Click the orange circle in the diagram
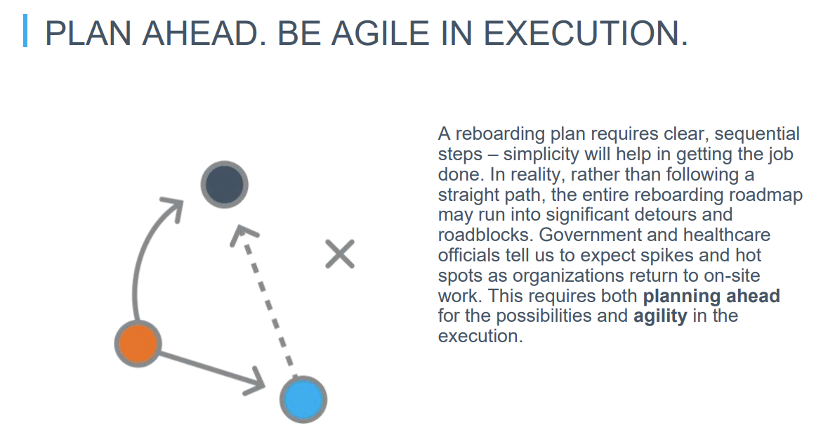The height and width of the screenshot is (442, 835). point(138,344)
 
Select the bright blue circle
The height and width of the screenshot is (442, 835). point(303,399)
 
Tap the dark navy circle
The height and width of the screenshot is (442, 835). point(224,184)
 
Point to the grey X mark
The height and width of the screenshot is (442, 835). point(340,254)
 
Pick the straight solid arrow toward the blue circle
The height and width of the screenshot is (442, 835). point(212,370)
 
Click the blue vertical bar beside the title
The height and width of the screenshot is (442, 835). point(25,31)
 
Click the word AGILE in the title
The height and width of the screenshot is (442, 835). point(380,33)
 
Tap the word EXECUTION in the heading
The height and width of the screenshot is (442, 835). point(585,33)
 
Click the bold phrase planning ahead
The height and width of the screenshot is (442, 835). point(711,296)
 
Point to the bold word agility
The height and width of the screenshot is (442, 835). point(660,316)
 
